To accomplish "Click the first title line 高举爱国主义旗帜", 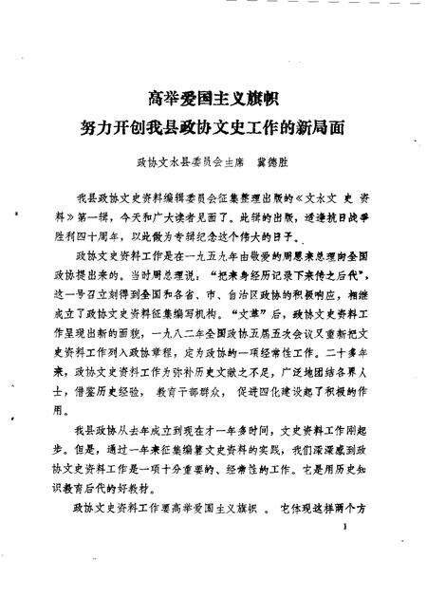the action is click(x=213, y=97).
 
